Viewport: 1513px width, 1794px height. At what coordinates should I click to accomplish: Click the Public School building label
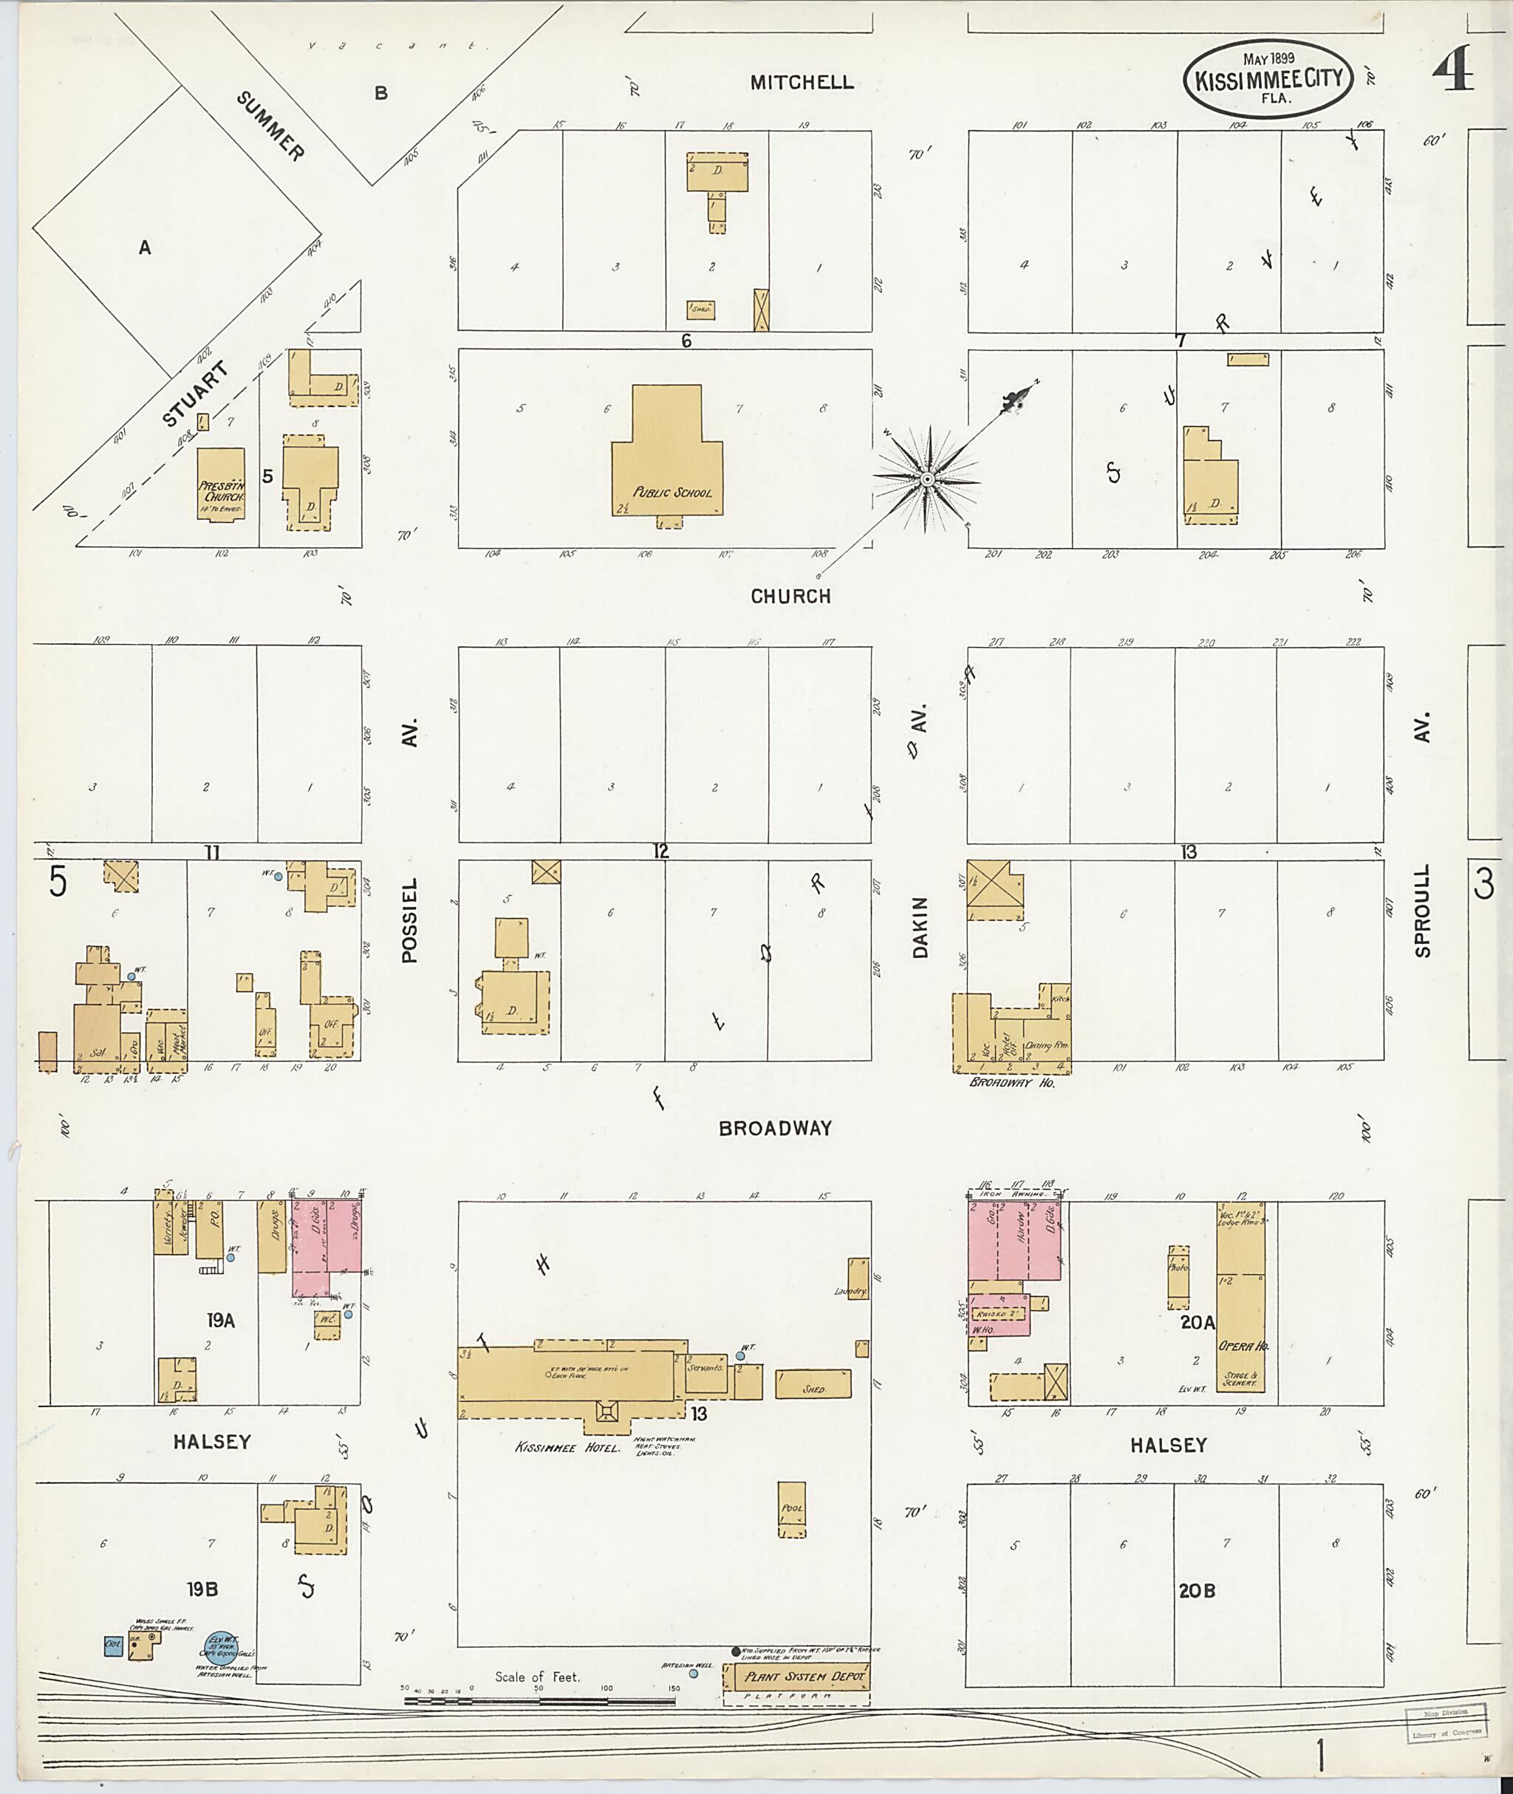[672, 493]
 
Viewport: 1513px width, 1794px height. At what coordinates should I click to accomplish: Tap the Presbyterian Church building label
[222, 491]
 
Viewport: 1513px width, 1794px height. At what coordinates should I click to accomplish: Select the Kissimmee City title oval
[1268, 79]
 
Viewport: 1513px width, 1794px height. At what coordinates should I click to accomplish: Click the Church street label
[790, 596]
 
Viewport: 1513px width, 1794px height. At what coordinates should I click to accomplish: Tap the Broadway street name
[774, 1129]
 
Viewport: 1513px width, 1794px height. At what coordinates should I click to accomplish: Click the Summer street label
[270, 127]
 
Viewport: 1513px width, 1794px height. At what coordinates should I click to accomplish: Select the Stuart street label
[196, 394]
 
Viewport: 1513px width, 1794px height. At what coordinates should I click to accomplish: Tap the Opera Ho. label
[1243, 1346]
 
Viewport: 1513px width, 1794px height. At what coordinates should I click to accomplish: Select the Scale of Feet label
[537, 1677]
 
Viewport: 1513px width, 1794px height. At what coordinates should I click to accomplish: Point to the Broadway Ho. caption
[1012, 1083]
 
